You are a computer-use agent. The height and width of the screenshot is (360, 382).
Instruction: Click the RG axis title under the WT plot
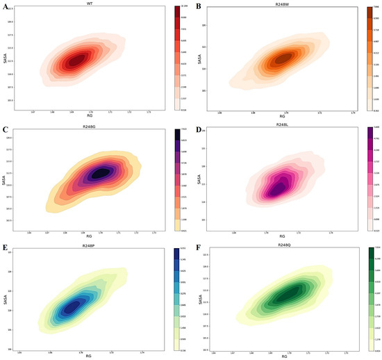point(90,115)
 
